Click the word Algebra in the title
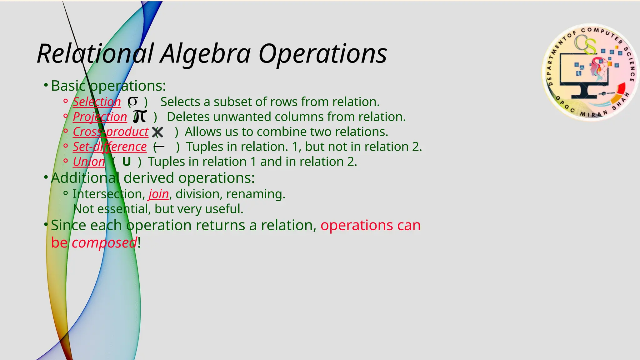pos(205,54)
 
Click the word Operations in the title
pos(322,54)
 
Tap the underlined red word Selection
pos(97,102)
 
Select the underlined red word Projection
pos(100,117)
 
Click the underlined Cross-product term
pos(110,132)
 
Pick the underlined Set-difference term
pos(109,147)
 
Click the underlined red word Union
pos(89,162)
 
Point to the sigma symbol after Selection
pos(133,101)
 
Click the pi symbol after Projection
pos(140,116)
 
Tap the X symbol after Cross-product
pos(157,132)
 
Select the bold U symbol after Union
pos(126,162)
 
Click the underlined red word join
pos(158,194)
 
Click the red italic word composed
pos(104,243)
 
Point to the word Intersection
pos(108,194)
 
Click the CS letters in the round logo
pos(585,44)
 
